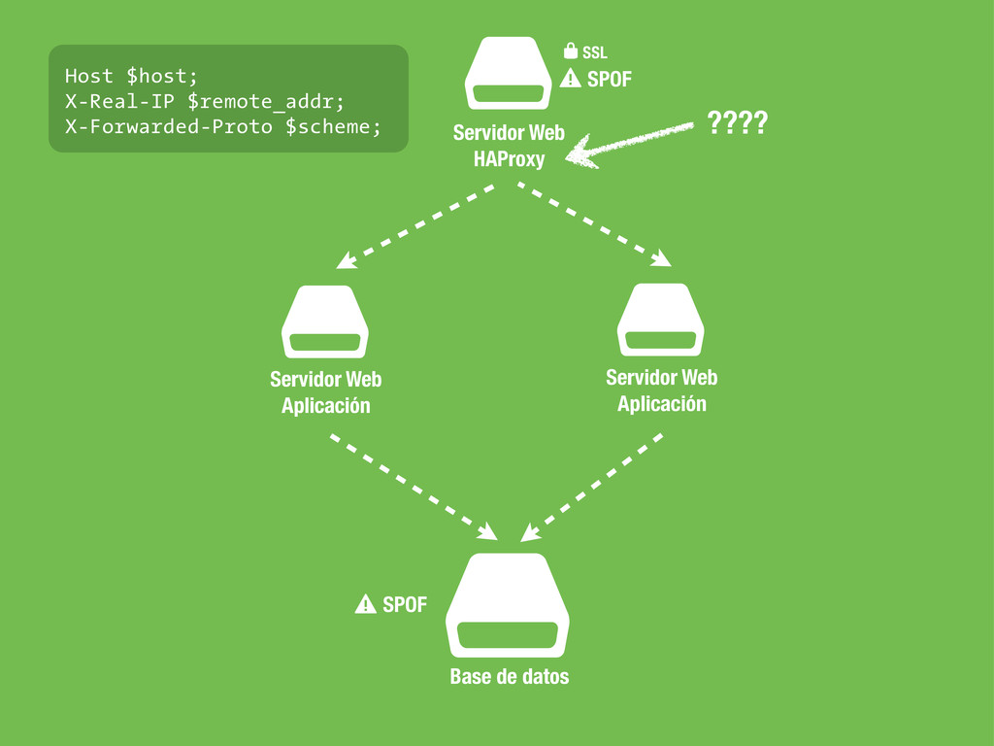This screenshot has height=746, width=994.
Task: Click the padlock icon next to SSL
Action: (571, 51)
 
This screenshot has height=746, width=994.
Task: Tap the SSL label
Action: (595, 52)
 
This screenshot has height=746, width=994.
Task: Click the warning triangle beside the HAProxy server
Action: (571, 80)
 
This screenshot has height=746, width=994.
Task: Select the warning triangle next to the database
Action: (365, 605)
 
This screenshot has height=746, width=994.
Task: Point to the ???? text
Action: (737, 123)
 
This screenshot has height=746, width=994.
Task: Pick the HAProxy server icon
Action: (508, 76)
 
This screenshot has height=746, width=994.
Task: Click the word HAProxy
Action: (509, 158)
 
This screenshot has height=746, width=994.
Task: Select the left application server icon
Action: (325, 322)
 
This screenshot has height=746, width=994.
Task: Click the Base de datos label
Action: (509, 676)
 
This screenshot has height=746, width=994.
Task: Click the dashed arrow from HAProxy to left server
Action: (416, 225)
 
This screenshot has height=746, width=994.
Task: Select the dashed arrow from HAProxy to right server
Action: (594, 223)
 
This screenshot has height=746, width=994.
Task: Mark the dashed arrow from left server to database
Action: (414, 487)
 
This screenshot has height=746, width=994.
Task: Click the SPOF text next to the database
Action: (404, 605)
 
